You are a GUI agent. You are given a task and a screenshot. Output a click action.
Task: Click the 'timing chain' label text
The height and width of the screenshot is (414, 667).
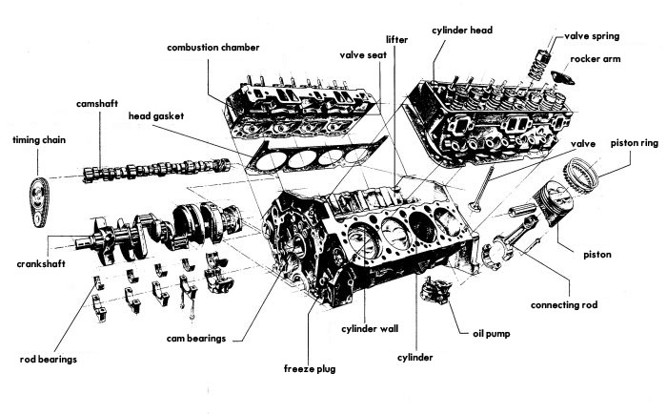tap(40, 139)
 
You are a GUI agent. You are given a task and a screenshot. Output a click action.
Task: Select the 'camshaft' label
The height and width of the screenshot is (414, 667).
tap(99, 101)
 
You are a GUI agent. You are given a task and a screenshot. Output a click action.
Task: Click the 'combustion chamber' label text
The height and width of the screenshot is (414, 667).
tap(212, 47)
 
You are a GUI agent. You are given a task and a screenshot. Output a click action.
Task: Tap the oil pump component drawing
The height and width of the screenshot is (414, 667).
tap(437, 291)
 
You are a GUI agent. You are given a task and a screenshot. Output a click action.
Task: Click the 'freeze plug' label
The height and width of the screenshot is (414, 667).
tap(309, 367)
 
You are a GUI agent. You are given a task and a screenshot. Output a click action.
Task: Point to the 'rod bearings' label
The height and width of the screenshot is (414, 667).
tap(48, 360)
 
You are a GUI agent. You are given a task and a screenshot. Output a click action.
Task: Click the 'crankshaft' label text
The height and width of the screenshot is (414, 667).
tap(40, 263)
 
